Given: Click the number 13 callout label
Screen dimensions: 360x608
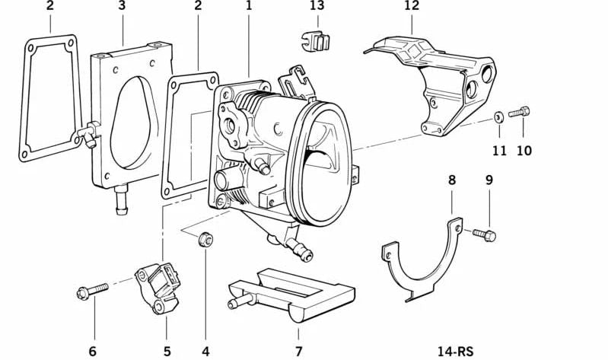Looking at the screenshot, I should click(x=317, y=6).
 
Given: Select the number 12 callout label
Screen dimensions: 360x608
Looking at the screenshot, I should click(x=412, y=6).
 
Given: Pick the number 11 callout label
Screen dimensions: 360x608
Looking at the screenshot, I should click(x=498, y=151).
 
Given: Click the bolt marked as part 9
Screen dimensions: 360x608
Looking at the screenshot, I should click(x=485, y=234).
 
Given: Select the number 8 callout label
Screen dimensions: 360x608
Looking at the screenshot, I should click(x=452, y=180).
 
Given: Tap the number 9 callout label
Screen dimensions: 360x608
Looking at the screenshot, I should click(x=489, y=180).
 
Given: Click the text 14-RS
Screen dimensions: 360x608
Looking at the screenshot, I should click(x=455, y=351).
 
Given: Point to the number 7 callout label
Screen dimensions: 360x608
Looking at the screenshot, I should click(x=299, y=351).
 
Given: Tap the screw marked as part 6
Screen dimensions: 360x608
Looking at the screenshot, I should click(x=89, y=292).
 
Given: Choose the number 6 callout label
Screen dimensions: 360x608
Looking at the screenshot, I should click(x=93, y=351).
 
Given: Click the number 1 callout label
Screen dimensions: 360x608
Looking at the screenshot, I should click(x=248, y=6).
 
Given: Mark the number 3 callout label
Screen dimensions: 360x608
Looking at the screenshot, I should click(x=122, y=6).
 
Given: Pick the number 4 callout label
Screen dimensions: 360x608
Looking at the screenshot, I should click(x=205, y=351).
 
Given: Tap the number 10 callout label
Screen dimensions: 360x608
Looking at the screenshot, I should click(x=524, y=151).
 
